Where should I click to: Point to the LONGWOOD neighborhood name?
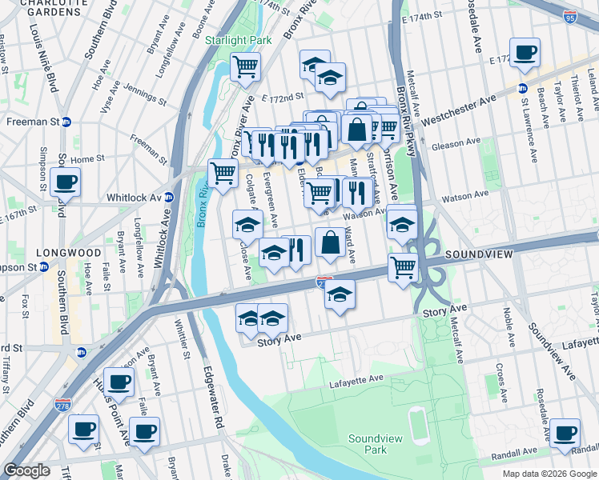click(68, 253)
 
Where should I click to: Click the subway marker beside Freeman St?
click(66, 122)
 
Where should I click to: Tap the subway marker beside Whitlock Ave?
click(169, 198)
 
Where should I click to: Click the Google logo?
click(27, 470)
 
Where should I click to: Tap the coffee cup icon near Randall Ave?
click(565, 433)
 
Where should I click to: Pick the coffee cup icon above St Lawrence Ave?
click(525, 53)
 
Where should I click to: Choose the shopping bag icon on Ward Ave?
click(330, 242)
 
